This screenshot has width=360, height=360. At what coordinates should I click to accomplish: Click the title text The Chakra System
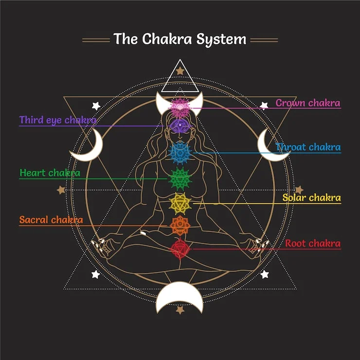click(180, 39)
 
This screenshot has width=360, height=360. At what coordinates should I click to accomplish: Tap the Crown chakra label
click(308, 103)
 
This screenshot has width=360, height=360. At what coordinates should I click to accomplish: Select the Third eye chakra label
click(57, 120)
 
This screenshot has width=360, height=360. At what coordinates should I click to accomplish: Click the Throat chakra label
click(308, 147)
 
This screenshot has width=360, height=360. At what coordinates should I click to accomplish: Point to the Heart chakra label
click(50, 173)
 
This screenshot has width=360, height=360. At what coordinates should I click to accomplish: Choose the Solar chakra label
click(311, 198)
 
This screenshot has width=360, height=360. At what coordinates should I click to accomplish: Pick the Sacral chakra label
click(51, 220)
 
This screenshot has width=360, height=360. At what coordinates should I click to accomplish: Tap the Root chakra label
click(313, 243)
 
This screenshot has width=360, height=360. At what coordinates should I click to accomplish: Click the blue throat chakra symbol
click(180, 152)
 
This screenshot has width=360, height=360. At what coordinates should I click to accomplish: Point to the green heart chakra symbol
click(180, 179)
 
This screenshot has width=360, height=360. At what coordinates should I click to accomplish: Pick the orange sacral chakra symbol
click(180, 225)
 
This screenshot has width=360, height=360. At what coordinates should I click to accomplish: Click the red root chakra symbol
click(180, 249)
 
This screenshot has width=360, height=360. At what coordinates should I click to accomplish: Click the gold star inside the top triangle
click(180, 72)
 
